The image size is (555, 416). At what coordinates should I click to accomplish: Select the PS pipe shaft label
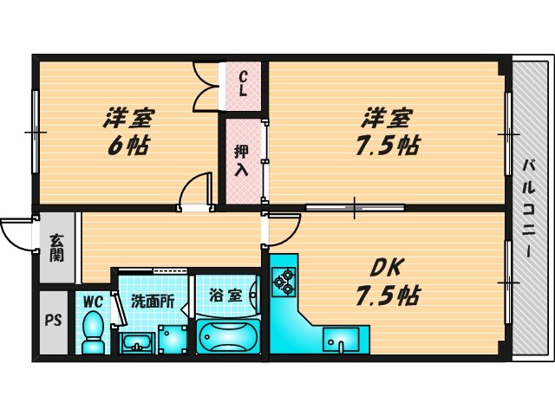pos(51,318)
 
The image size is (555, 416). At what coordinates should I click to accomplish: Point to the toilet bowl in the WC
pos(92,333)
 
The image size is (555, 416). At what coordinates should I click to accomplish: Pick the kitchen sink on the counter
pos(344,340)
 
